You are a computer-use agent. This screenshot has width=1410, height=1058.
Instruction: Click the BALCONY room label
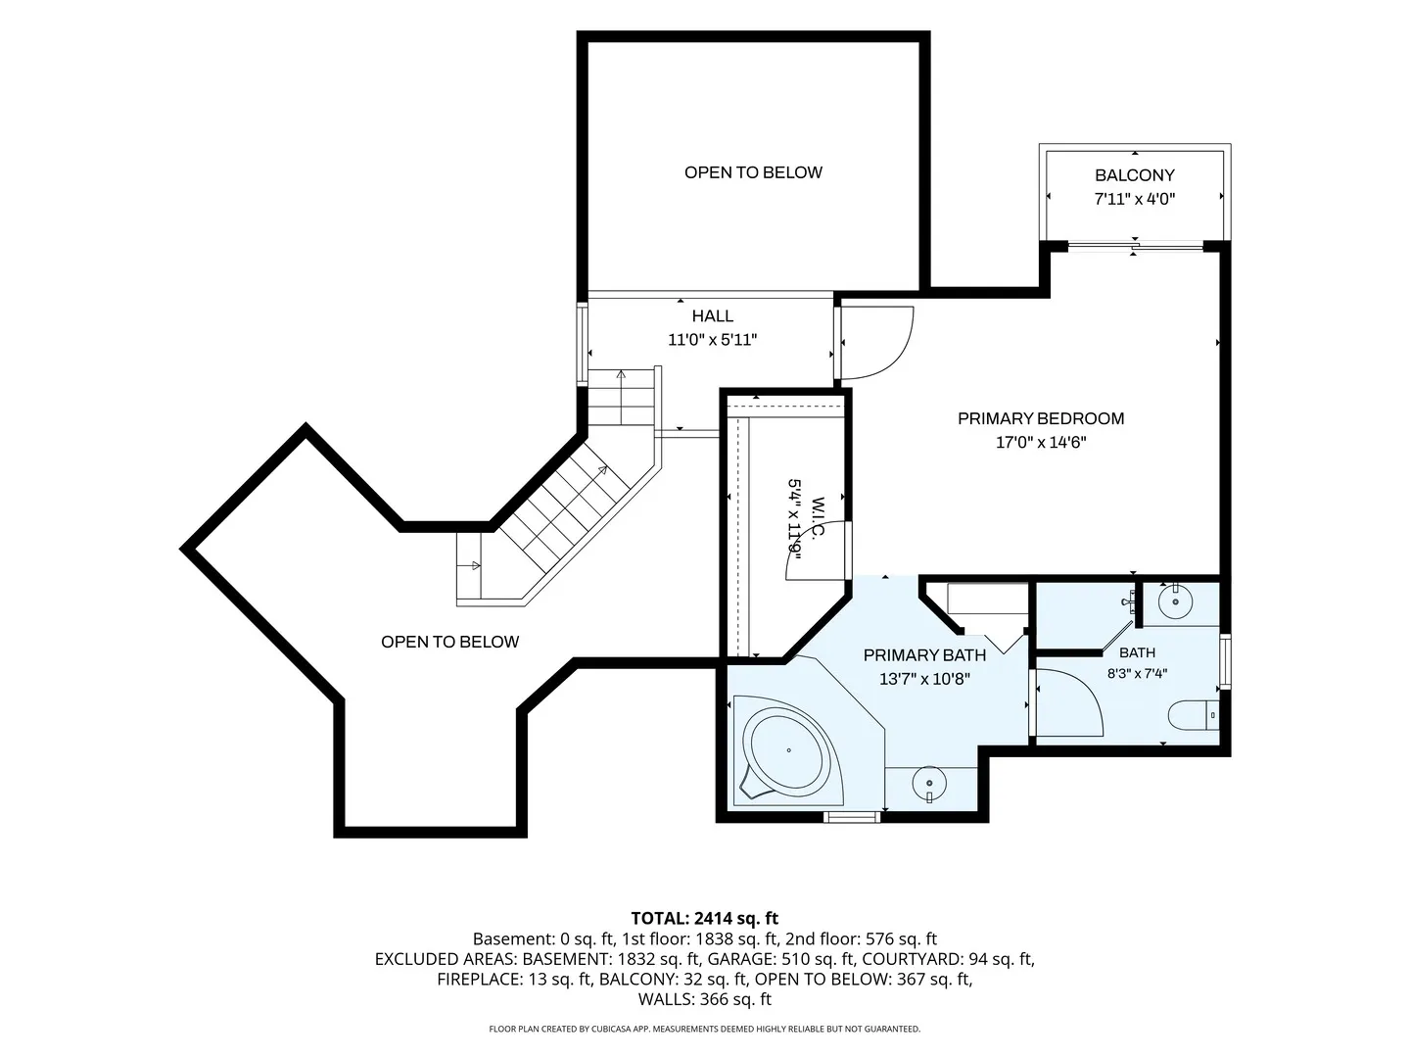click(1135, 175)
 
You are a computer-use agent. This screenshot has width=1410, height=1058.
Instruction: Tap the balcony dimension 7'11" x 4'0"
click(1135, 199)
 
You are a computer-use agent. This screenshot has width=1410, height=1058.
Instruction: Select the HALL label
click(713, 316)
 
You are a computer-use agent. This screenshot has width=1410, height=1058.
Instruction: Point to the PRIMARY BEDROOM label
click(1041, 419)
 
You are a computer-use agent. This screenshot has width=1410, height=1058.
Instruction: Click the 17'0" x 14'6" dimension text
click(1041, 443)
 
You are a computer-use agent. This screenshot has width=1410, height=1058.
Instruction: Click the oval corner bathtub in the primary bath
click(789, 750)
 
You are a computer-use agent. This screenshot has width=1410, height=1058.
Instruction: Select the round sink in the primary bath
click(929, 784)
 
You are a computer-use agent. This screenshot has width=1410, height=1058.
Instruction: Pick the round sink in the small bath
click(1176, 601)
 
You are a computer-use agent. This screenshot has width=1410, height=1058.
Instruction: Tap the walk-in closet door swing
click(817, 552)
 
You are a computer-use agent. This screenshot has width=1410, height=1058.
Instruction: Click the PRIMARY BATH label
click(924, 655)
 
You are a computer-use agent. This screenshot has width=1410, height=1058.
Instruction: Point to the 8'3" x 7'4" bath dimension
click(1137, 674)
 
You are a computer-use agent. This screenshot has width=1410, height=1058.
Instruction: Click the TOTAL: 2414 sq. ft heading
click(705, 918)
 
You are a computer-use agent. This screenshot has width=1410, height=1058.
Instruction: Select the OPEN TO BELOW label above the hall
click(753, 172)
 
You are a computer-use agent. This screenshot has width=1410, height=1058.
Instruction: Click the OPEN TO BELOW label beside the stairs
click(449, 642)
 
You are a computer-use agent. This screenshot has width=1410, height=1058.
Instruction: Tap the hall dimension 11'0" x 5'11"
click(713, 340)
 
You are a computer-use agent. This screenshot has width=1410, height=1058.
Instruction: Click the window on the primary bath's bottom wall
click(852, 817)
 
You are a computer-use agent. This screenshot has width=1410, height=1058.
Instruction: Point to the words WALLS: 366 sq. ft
click(705, 999)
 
